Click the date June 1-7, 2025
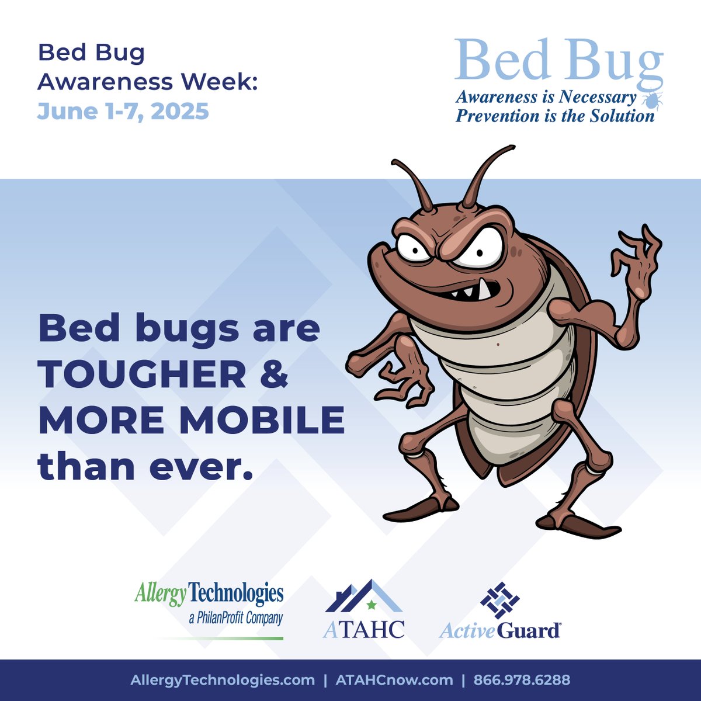pyautogui.click(x=123, y=111)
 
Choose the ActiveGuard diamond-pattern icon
pyautogui.click(x=499, y=601)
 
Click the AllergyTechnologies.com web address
pyautogui.click(x=223, y=680)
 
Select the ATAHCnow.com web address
pyautogui.click(x=394, y=680)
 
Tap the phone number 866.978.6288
pyautogui.click(x=522, y=680)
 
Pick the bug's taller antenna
pyautogui.click(x=488, y=173)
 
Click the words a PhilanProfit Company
pyautogui.click(x=236, y=618)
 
